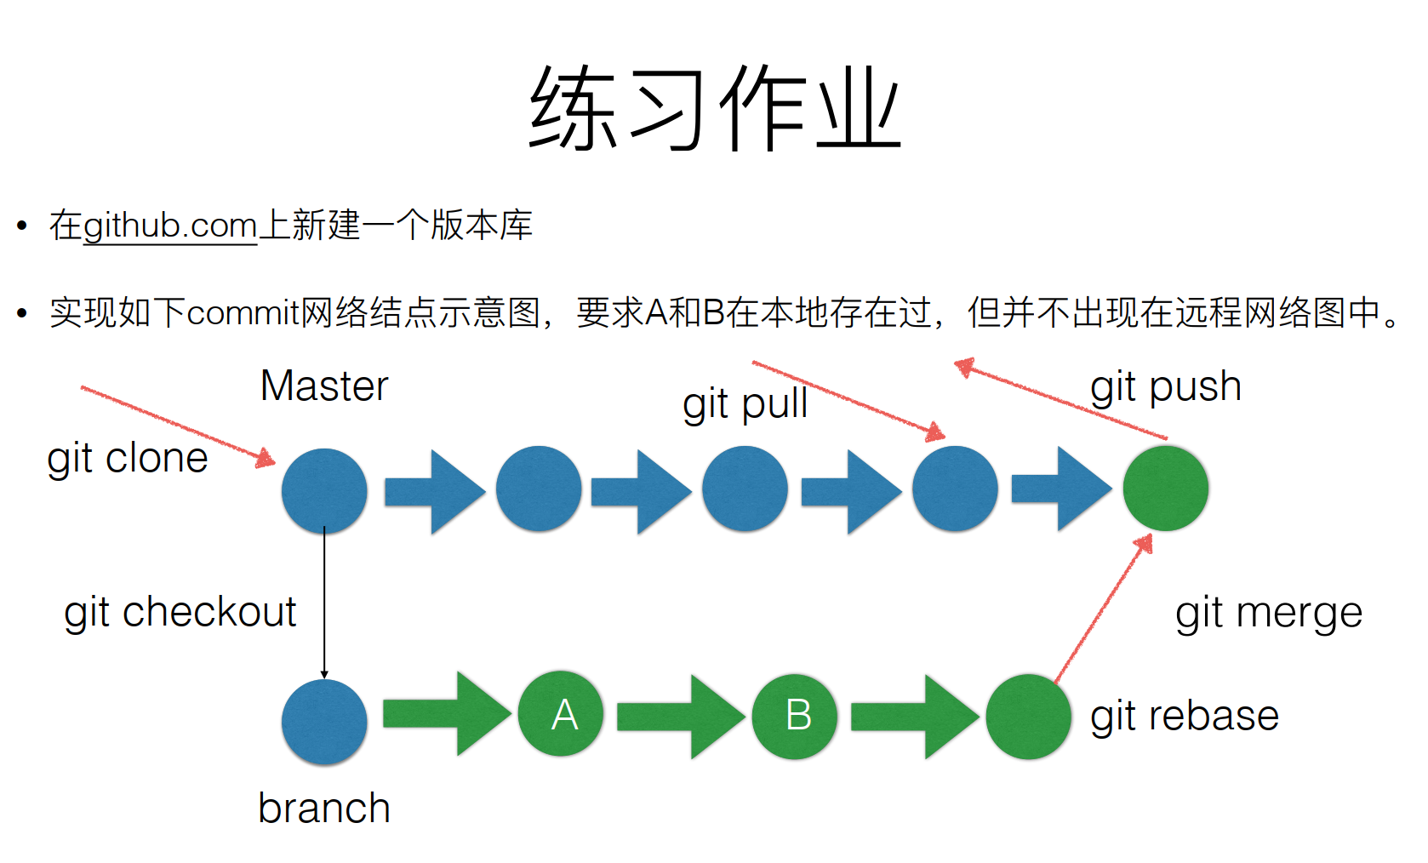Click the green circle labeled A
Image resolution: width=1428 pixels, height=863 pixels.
tap(561, 714)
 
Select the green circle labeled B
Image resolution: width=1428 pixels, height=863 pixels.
tap(795, 717)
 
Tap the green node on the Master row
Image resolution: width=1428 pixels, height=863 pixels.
tap(1166, 489)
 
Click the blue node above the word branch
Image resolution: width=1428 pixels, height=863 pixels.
tap(324, 722)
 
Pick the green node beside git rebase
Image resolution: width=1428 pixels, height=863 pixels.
tap(1028, 717)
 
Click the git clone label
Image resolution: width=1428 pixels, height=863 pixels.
tap(128, 459)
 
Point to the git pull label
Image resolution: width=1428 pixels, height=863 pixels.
tap(745, 404)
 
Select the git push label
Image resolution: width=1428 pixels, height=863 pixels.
tap(1166, 387)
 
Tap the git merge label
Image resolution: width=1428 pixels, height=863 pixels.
tap(1269, 614)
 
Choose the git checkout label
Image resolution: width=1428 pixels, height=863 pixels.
tap(180, 613)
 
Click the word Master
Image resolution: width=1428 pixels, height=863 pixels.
tap(324, 386)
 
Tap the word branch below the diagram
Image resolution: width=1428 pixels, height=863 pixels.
tap(324, 808)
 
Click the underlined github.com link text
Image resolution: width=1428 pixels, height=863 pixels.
tap(170, 226)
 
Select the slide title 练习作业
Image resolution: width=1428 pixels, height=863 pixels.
tap(715, 108)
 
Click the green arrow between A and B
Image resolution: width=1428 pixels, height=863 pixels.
tap(680, 717)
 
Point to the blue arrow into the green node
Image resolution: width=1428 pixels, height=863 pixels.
tap(1061, 489)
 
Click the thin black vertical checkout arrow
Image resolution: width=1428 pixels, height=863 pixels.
tap(324, 603)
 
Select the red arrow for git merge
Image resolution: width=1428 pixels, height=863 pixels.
tap(1104, 609)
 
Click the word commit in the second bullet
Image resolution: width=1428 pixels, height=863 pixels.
tap(243, 313)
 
